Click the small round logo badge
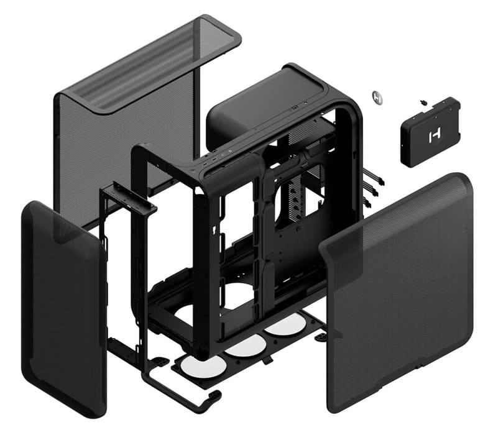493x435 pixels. [x=377, y=96]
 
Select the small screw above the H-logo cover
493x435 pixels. [x=423, y=100]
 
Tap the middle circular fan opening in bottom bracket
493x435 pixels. [x=244, y=344]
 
